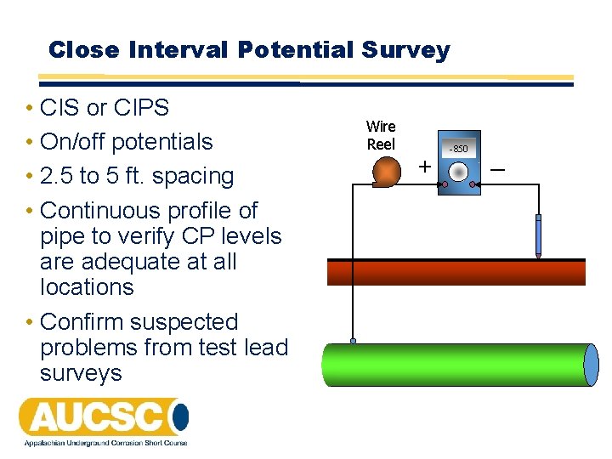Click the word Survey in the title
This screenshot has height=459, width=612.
[x=405, y=50]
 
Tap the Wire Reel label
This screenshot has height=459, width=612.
[x=381, y=135]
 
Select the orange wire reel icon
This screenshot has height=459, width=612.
[x=388, y=172]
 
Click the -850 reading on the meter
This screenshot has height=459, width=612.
[x=459, y=149]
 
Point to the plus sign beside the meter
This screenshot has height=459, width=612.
[x=423, y=167]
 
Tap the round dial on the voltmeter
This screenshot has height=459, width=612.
[x=459, y=172]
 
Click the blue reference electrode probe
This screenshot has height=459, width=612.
[x=538, y=235]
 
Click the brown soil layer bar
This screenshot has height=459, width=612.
[x=456, y=272]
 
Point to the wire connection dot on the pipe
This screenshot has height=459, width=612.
[x=354, y=341]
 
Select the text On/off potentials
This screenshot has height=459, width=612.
[x=126, y=142]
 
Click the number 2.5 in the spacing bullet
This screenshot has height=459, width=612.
[x=57, y=176]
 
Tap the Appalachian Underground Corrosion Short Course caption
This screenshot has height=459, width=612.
[x=103, y=442]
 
